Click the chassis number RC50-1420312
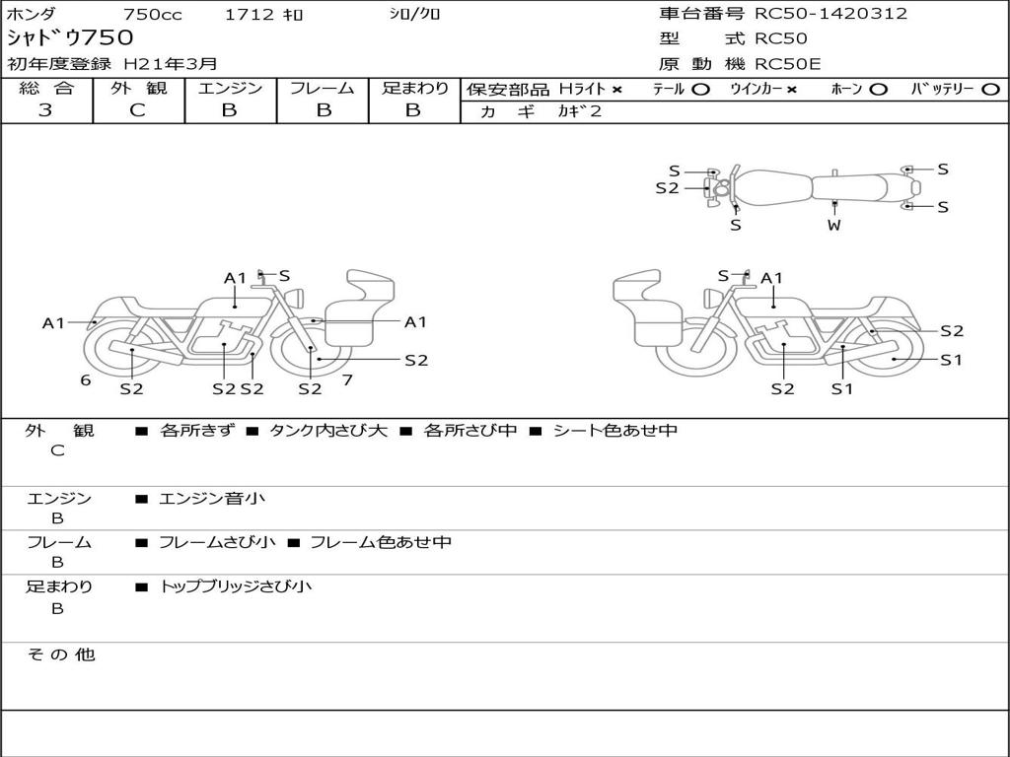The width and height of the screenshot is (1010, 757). [830, 14]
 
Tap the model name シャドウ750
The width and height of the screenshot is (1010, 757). [70, 38]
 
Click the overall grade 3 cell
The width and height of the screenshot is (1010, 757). [45, 110]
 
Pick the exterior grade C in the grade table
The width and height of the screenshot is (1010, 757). [137, 110]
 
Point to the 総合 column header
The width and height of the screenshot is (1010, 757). [46, 89]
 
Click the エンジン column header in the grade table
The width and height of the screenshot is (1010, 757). [230, 89]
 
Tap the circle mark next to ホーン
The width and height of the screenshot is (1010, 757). [879, 90]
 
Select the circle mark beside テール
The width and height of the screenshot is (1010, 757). [700, 90]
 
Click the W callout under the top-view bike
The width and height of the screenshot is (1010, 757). [834, 225]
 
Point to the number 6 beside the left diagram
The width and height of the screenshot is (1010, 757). [86, 379]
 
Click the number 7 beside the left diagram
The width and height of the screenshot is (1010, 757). [347, 379]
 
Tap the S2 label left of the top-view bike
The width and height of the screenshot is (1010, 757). [668, 187]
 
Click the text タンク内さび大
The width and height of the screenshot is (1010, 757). [328, 431]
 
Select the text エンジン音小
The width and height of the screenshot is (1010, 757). [212, 499]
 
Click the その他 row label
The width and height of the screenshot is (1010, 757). [61, 654]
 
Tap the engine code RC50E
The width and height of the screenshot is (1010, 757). [788, 64]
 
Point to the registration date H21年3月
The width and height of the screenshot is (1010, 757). [170, 64]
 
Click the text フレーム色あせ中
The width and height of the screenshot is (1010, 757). [381, 542]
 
